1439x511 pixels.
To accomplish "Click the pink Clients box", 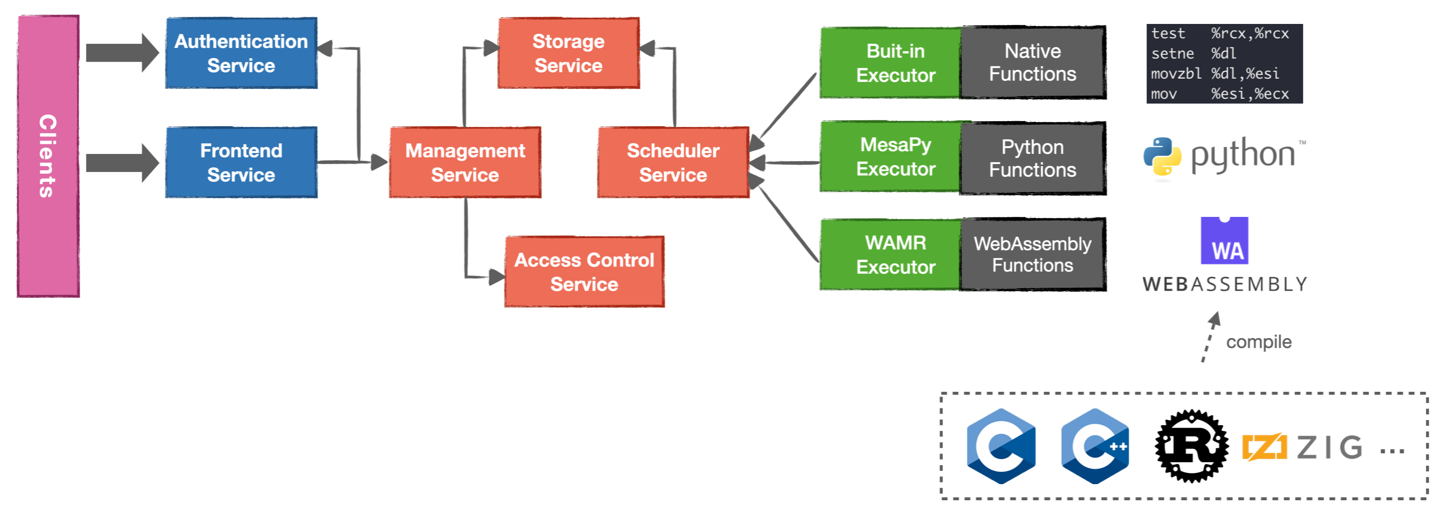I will pyautogui.click(x=48, y=156).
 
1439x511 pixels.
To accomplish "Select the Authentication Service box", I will pyautogui.click(x=241, y=53).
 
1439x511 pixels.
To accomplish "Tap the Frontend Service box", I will pyautogui.click(x=241, y=163).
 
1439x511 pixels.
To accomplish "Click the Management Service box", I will pyautogui.click(x=465, y=163).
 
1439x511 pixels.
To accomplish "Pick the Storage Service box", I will pyautogui.click(x=568, y=53).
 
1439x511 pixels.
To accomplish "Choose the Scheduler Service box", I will pyautogui.click(x=673, y=163).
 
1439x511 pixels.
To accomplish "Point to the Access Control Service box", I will pyautogui.click(x=584, y=272).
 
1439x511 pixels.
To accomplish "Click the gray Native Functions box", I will pyautogui.click(x=1032, y=63).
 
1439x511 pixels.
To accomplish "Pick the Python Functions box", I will pyautogui.click(x=1032, y=159).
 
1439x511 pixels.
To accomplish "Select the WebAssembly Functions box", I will pyautogui.click(x=1032, y=255).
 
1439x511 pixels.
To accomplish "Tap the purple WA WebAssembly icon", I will pyautogui.click(x=1224, y=241).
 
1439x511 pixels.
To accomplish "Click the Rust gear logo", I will pyautogui.click(x=1191, y=446).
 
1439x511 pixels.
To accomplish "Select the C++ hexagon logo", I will pyautogui.click(x=1095, y=446).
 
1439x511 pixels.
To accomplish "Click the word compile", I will pyautogui.click(x=1259, y=342).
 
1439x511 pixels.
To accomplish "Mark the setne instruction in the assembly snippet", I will pyautogui.click(x=1172, y=54).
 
